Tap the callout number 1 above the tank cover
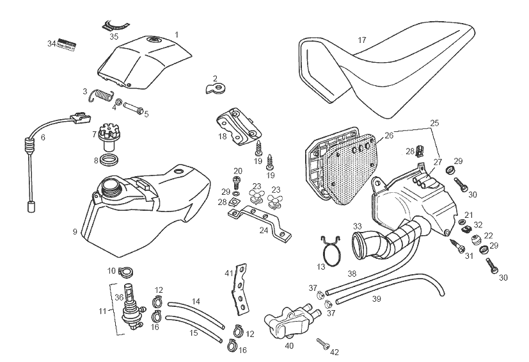[x=177, y=33]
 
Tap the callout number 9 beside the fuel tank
[x=75, y=231]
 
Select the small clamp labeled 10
[x=124, y=271]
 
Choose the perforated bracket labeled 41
[x=239, y=292]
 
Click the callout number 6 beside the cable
[x=43, y=137]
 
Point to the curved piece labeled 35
[x=115, y=26]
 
